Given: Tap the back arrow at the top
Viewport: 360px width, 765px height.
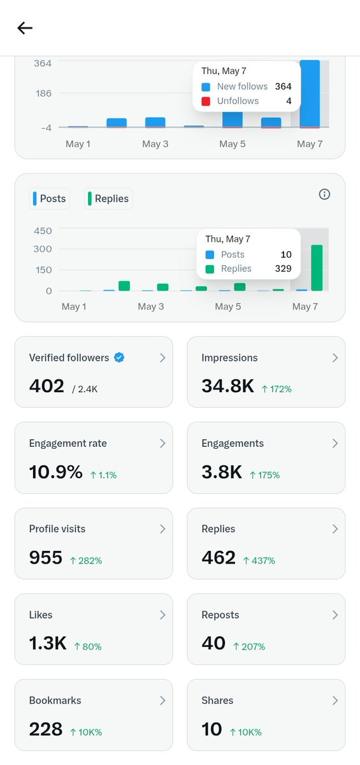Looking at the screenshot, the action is [25, 28].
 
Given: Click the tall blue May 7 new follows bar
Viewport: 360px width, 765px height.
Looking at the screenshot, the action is [310, 94].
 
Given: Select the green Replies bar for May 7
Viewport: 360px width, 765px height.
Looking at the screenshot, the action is [317, 268].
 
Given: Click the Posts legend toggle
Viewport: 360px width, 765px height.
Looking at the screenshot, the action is [50, 198].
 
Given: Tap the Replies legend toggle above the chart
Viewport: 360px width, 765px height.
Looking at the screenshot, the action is [108, 198].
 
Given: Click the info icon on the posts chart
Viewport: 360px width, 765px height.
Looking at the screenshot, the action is [324, 194].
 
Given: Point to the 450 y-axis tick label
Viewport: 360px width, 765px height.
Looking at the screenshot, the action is [43, 231].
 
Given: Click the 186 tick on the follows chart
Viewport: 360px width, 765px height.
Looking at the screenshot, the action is [43, 93].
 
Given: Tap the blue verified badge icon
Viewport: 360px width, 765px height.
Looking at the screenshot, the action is [119, 358].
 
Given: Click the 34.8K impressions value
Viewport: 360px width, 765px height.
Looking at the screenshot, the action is [227, 386].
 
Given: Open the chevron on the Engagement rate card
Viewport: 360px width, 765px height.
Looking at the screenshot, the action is [162, 443].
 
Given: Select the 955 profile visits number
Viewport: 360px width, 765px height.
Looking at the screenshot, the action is [46, 557].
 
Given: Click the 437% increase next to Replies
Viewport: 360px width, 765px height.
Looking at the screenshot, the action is [259, 560].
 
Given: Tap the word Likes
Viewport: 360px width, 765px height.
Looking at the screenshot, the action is [41, 615].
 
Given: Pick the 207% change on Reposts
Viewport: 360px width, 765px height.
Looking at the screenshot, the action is [249, 646].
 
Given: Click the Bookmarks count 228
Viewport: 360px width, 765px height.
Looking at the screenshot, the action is [46, 729].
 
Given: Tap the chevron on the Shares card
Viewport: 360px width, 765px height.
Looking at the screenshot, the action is [335, 701].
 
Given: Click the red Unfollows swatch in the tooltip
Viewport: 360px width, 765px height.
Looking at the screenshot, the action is [206, 101].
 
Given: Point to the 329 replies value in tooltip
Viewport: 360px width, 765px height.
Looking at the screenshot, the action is [284, 268].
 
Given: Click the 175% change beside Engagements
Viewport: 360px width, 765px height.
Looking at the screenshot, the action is [265, 475].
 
